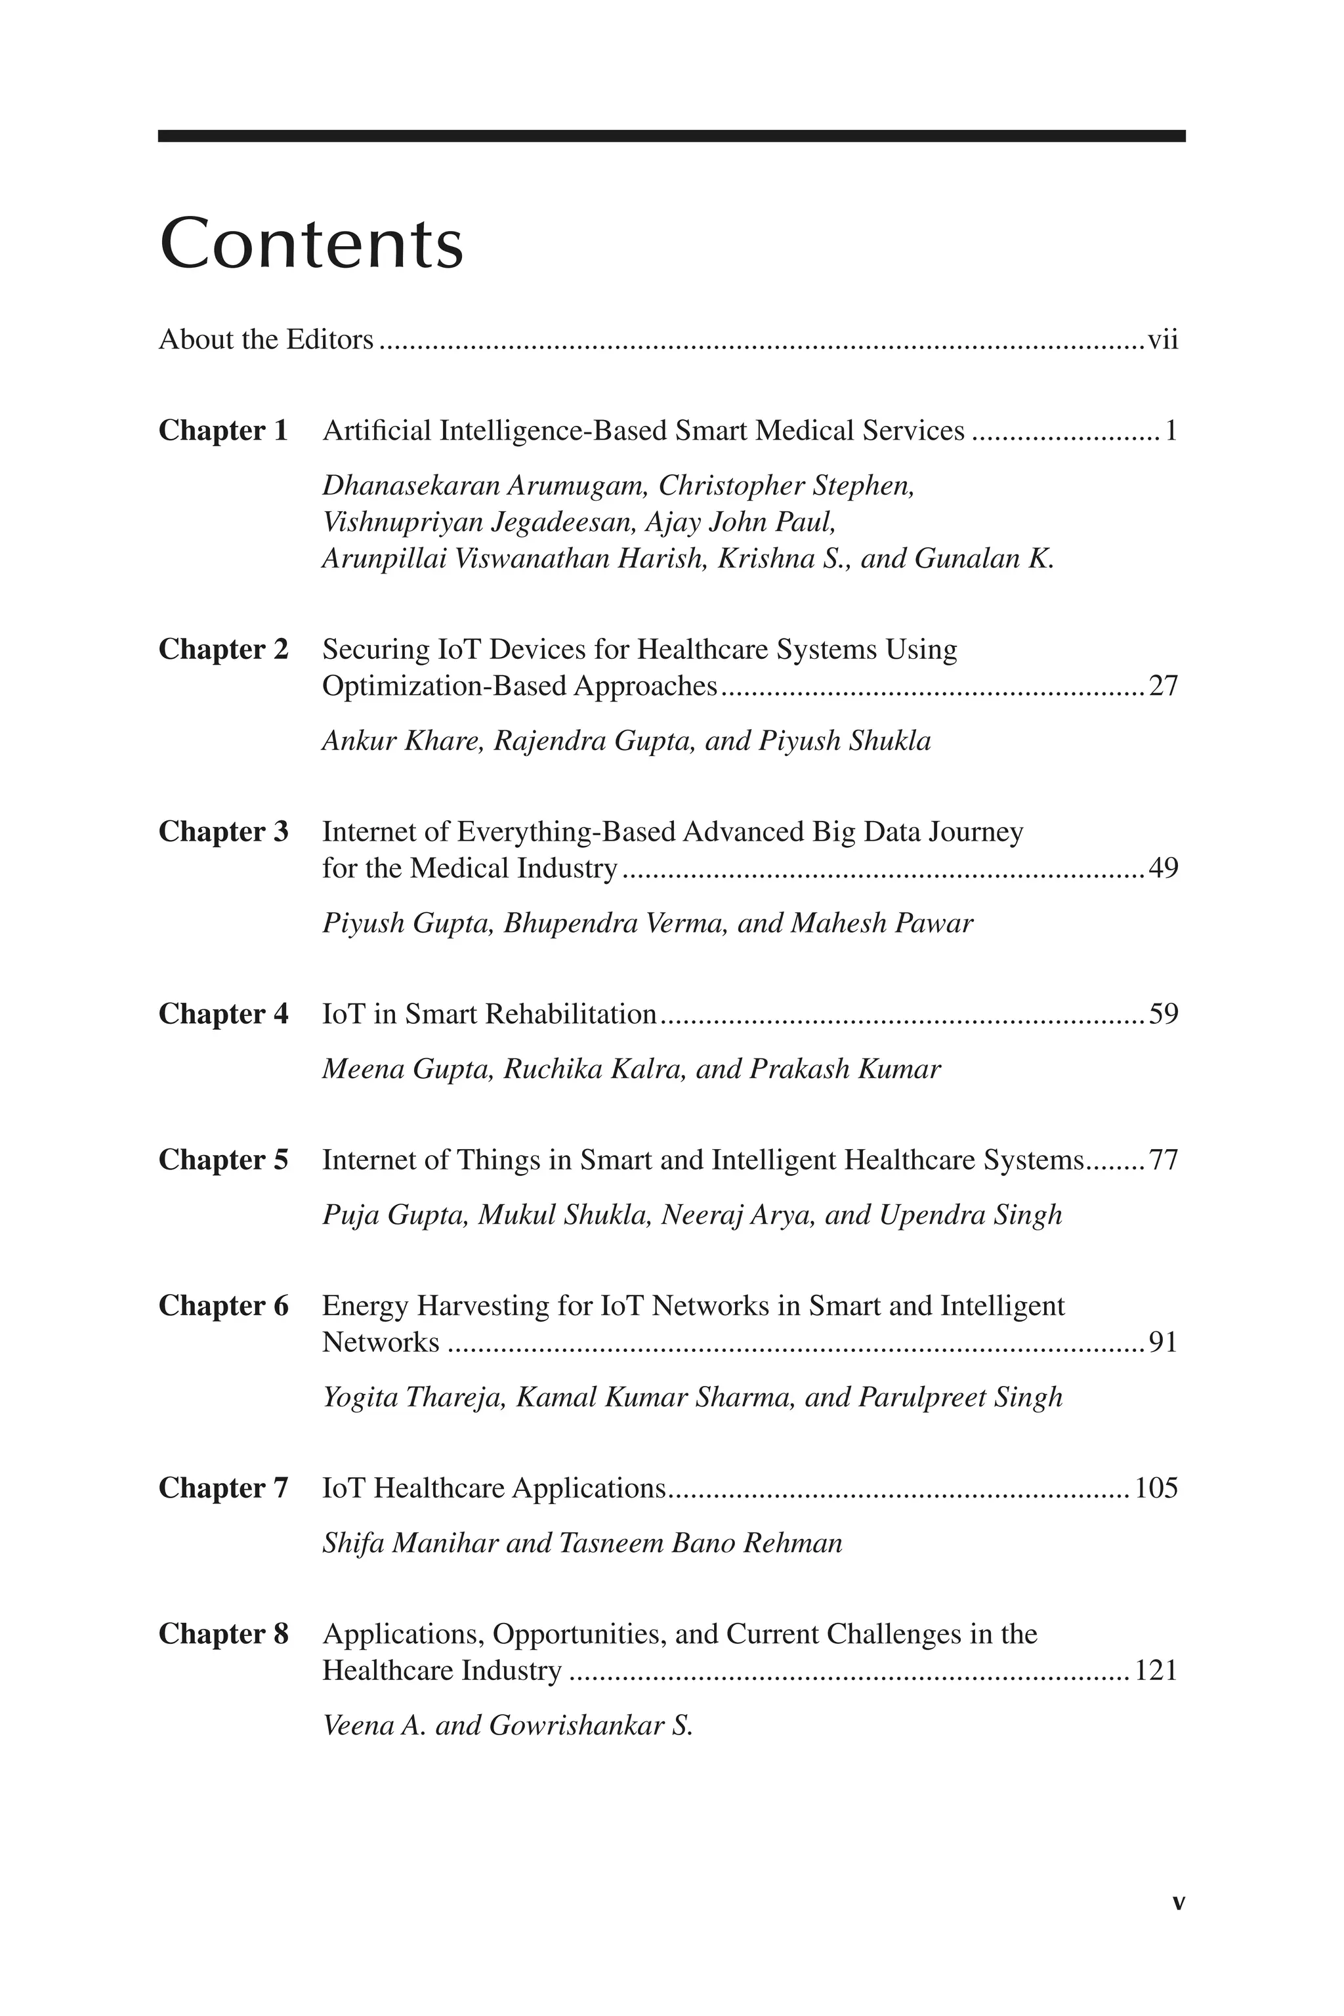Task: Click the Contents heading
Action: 311,244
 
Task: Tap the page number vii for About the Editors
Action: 1162,341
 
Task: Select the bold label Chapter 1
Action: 223,430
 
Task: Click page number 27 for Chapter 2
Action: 1163,686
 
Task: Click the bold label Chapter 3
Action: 223,831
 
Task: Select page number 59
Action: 1163,1014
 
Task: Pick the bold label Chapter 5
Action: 223,1160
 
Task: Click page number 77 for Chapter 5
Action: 1163,1160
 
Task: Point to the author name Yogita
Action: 359,1397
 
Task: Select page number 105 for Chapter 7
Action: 1156,1488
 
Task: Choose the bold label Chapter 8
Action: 223,1633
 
